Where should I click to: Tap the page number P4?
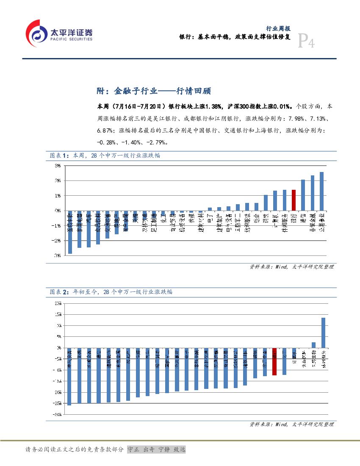306,42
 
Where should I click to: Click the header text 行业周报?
278,28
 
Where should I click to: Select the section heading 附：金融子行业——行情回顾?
153,91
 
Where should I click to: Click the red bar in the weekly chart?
294,200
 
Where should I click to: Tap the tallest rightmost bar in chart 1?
322,191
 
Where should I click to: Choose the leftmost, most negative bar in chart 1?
70,232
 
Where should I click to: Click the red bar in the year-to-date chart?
274,361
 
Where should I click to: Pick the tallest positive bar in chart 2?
323,332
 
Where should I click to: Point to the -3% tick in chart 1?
57,255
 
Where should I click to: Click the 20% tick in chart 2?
57,303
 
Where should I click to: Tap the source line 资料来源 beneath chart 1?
291,267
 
